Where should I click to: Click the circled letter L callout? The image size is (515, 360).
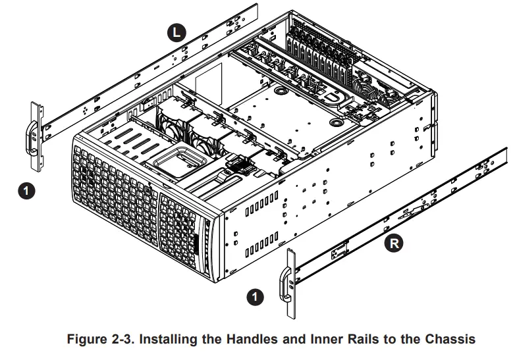(177, 32)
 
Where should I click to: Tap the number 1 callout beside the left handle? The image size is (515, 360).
(24, 190)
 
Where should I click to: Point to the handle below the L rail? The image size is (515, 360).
(33, 135)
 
